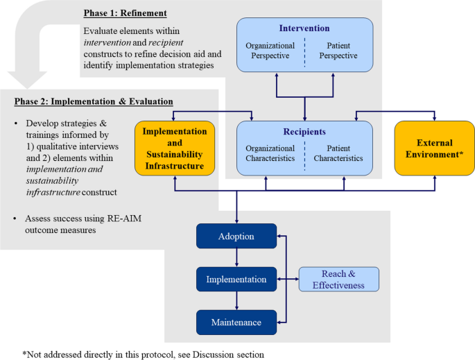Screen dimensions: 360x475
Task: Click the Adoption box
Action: click(x=236, y=237)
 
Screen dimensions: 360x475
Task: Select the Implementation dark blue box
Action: click(x=236, y=280)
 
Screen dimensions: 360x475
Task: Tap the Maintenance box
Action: click(x=236, y=323)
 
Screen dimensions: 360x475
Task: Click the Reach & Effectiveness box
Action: click(x=338, y=280)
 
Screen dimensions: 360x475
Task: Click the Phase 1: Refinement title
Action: click(x=126, y=13)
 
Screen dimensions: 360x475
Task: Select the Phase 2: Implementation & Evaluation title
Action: click(x=94, y=102)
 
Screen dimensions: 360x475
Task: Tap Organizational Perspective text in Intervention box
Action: click(x=270, y=51)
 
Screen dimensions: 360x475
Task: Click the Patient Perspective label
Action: click(x=338, y=51)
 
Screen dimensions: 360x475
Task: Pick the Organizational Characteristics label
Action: click(x=270, y=153)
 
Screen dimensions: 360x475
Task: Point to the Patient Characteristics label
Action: click(x=338, y=153)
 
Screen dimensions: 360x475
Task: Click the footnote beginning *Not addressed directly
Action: click(x=143, y=354)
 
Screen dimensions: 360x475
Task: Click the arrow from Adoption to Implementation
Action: click(x=236, y=258)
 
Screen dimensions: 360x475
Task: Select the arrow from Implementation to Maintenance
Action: click(x=236, y=301)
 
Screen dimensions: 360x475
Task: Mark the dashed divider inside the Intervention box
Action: click(x=304, y=51)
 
